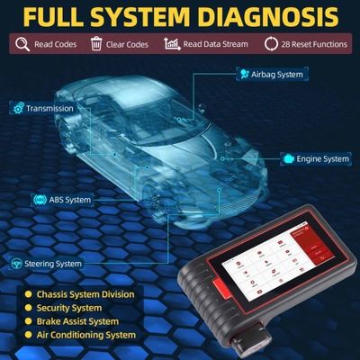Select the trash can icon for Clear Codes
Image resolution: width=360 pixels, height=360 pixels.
[96, 43]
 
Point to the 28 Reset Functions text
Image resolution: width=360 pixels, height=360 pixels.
[310, 43]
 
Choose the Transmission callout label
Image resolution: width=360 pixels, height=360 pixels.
[50, 108]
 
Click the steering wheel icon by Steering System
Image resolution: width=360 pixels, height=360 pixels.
[17, 264]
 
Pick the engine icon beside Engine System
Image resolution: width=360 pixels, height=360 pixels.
[288, 159]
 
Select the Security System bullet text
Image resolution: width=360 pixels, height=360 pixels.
[71, 307]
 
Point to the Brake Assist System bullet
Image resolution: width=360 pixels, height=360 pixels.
[77, 320]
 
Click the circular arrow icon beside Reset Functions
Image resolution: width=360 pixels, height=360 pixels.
[271, 43]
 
